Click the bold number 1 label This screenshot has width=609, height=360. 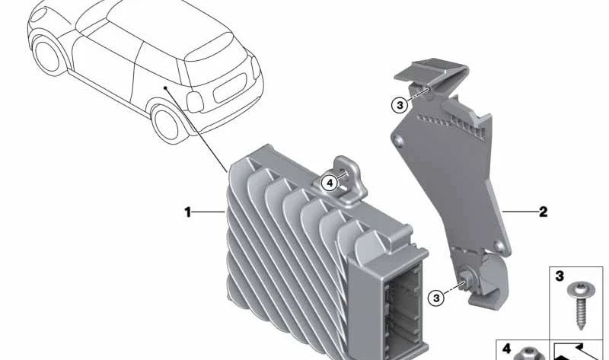(x=187, y=212)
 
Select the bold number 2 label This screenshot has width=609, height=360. (x=543, y=212)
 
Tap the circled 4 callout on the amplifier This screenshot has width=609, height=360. (x=330, y=183)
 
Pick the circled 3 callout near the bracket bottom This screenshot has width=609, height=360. (x=435, y=298)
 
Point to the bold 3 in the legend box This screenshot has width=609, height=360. (x=560, y=276)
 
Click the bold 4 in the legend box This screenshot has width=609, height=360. (x=506, y=349)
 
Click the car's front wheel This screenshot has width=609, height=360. (x=48, y=54)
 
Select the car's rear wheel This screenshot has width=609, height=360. (x=166, y=123)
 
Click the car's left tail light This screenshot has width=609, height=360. (x=195, y=102)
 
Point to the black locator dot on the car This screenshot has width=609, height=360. (x=165, y=88)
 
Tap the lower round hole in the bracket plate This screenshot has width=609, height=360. (x=498, y=245)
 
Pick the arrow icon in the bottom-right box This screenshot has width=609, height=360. (x=577, y=352)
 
